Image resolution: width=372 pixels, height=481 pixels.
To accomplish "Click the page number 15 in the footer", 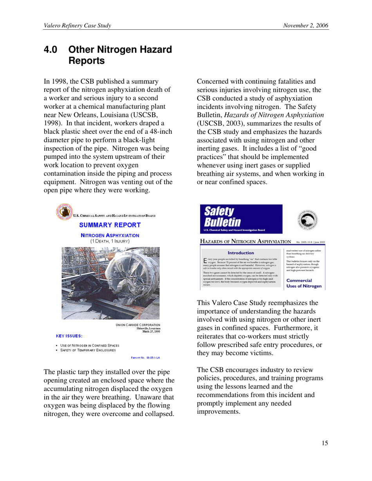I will tap(325, 443).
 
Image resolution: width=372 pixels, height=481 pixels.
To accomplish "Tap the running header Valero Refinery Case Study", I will tap(78, 26).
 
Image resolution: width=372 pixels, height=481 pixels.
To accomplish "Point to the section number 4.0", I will tap(51, 50).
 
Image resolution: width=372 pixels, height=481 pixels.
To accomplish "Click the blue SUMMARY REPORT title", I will tap(110, 225).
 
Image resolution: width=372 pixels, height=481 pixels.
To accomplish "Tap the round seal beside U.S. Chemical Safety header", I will tap(64, 212).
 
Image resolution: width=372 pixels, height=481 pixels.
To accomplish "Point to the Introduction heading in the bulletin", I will tap(240, 253).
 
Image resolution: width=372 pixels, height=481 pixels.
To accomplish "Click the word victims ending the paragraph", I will tap(235, 353).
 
